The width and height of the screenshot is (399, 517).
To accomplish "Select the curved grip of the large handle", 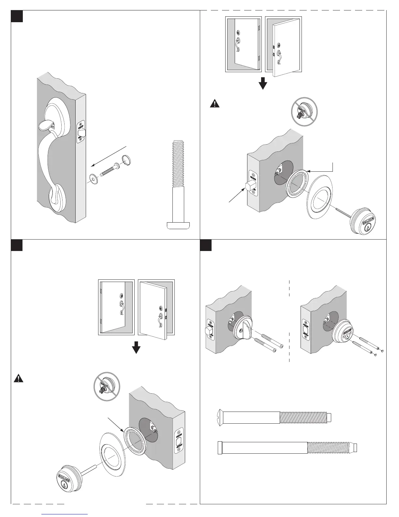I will click(44, 157).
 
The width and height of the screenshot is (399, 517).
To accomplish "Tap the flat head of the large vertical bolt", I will click(178, 225).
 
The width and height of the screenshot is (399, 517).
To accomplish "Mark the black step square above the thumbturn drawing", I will click(205, 246).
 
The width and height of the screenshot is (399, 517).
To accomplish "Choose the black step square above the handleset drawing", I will click(17, 16).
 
